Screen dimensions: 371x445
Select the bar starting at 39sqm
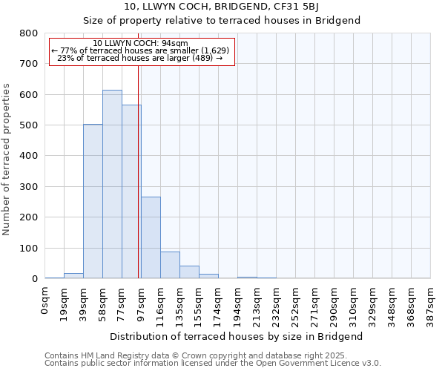93,201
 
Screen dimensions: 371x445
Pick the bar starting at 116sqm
170,265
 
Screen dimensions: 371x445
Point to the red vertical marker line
139,171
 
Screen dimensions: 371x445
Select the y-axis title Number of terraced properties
7,160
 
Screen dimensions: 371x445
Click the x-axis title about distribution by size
237,336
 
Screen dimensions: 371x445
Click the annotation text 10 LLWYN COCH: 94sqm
141,44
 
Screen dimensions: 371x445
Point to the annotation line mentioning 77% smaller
140,50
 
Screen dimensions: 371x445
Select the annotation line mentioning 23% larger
140,58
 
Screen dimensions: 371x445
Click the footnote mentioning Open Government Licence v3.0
212,363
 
